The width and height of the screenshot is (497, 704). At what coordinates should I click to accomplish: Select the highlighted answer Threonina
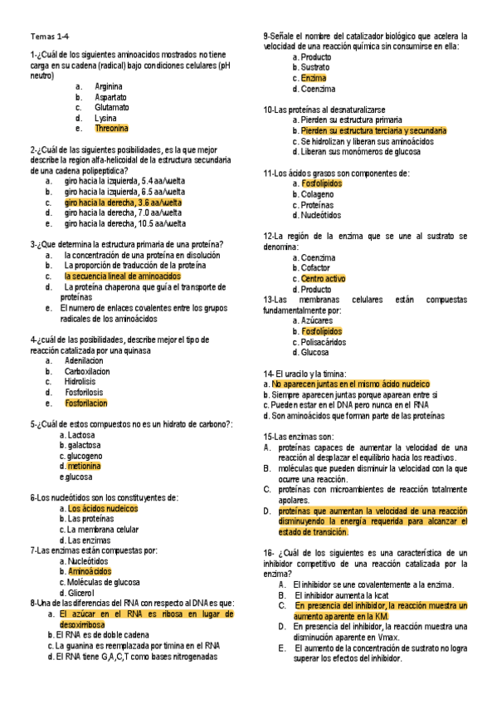click(111, 129)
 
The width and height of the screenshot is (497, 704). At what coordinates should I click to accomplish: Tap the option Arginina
click(109, 86)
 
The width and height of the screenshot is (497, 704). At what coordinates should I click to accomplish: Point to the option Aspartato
click(110, 96)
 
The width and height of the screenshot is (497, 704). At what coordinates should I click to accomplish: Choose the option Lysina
click(105, 118)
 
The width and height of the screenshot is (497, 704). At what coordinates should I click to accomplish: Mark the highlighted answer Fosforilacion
click(86, 403)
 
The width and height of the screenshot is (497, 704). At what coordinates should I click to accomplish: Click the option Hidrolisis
click(80, 382)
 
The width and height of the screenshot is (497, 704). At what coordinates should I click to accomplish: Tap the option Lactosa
click(77, 434)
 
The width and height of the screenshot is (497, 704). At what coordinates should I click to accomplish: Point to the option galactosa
click(80, 445)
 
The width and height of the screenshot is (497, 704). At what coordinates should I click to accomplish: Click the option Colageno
click(315, 194)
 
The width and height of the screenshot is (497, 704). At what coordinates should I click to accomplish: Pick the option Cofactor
click(315, 268)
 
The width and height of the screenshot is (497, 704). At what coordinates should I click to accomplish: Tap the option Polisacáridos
click(324, 341)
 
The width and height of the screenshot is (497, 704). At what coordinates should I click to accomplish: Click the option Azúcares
click(314, 320)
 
